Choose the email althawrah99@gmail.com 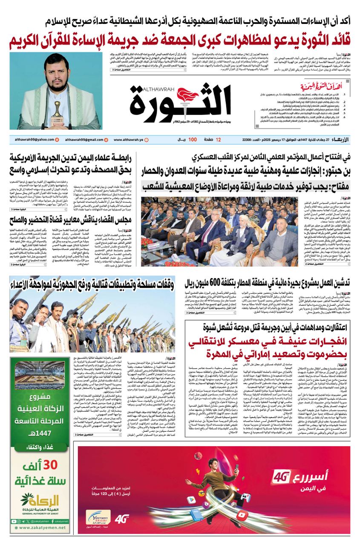click(x=85, y=140)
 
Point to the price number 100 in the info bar click(x=193, y=140)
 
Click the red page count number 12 click(x=219, y=140)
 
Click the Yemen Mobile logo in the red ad click(x=98, y=518)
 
